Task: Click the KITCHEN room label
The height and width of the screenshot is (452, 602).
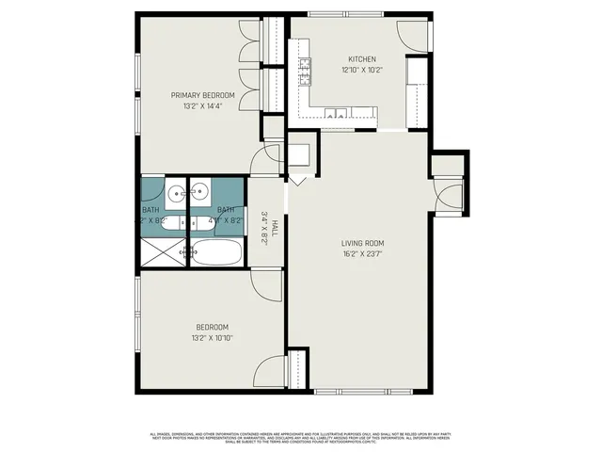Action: pos(361,58)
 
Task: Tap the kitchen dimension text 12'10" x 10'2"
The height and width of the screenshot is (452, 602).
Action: pos(361,70)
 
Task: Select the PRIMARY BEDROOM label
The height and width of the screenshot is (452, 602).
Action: pos(202,95)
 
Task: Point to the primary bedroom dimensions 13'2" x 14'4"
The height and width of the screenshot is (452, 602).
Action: pos(202,106)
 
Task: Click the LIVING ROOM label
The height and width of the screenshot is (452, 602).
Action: pos(362,243)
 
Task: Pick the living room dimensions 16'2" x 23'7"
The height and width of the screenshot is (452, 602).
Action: pos(362,254)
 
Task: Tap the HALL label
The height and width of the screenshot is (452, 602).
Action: pos(274,223)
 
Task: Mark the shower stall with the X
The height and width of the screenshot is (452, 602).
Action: pos(163,251)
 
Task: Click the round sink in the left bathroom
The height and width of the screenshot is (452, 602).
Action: pos(177,195)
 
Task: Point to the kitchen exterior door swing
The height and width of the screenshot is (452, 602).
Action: pos(411,33)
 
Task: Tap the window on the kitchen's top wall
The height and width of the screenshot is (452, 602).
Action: pos(344,16)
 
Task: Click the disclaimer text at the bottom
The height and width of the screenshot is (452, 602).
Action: pos(301,436)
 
